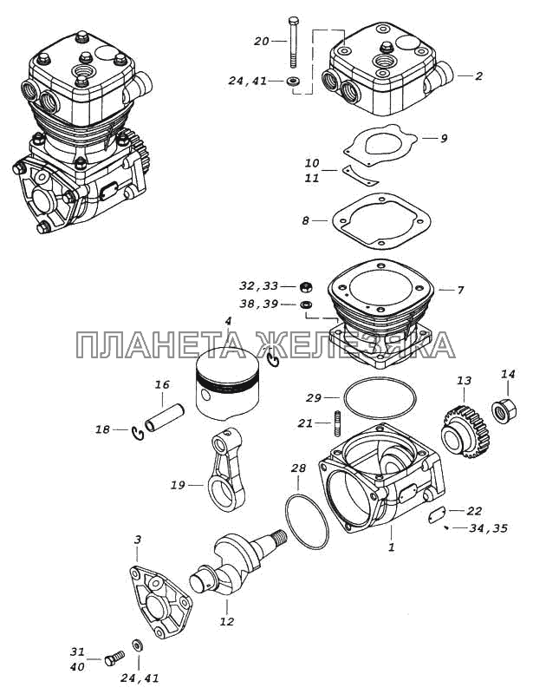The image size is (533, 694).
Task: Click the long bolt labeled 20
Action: [x=294, y=42]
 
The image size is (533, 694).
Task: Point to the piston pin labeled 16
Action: [x=164, y=417]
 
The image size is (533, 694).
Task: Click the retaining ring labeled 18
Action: [x=138, y=433]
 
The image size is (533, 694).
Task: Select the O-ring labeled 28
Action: [x=307, y=521]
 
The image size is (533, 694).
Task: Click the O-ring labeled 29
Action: [x=380, y=397]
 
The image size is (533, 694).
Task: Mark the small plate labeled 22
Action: [x=438, y=515]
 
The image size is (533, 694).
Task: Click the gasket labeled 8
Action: [x=380, y=220]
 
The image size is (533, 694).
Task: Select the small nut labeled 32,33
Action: [x=306, y=286]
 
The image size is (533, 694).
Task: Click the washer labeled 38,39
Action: [x=306, y=304]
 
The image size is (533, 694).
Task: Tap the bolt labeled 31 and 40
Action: [x=114, y=658]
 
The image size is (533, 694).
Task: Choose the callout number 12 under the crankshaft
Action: [x=226, y=621]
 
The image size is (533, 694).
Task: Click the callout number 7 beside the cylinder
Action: [x=460, y=291]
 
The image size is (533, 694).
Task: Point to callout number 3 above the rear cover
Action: [x=138, y=540]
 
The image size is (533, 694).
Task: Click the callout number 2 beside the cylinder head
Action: [x=478, y=76]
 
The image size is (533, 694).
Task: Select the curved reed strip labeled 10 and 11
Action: [x=361, y=176]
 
